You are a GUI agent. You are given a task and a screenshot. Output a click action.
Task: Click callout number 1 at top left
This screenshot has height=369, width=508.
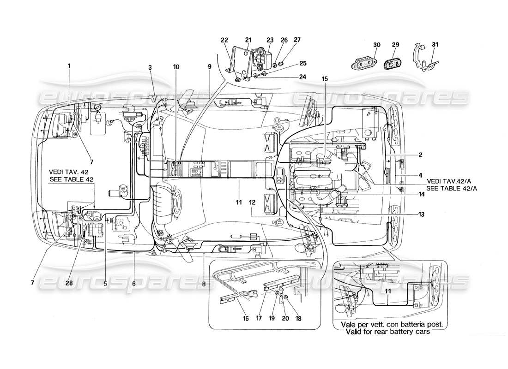click(x=69, y=65)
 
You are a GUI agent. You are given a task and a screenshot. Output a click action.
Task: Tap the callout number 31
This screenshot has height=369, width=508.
click(x=435, y=45)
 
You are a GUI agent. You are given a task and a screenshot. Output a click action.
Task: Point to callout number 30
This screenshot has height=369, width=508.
click(x=377, y=45)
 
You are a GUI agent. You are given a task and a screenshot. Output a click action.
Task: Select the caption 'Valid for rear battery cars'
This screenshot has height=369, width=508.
click(x=391, y=332)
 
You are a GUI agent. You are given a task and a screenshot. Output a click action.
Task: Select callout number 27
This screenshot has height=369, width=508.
click(x=296, y=40)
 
